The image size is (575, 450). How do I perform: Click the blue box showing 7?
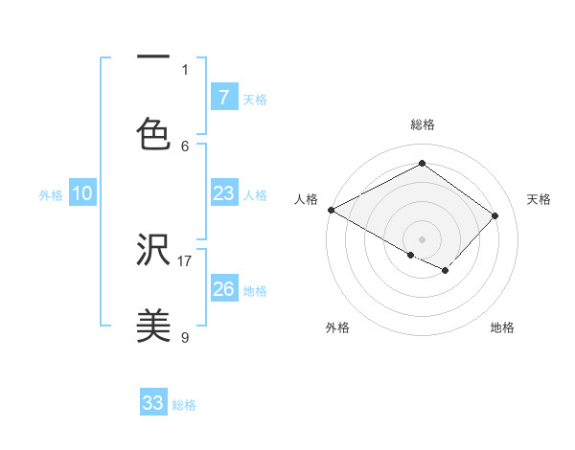tap(223, 97)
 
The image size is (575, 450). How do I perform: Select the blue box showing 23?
tap(223, 193)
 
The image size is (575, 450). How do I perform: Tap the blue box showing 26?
tap(223, 288)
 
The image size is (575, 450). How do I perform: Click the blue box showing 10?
tap(82, 193)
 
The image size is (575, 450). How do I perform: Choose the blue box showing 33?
tap(152, 403)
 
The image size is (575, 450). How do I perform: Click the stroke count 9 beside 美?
tap(185, 337)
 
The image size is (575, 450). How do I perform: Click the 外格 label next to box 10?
tap(51, 195)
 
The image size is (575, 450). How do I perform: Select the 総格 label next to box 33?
tap(184, 405)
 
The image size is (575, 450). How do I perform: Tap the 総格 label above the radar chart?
tap(422, 124)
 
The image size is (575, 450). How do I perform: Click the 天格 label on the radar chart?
tap(539, 199)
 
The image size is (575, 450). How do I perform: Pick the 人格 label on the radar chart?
tap(306, 199)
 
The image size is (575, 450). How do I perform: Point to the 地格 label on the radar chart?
tap(502, 327)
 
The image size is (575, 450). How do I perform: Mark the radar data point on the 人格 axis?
tap(331, 210)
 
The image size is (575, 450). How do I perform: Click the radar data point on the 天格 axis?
tap(494, 215)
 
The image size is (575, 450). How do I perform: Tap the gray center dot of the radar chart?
tap(422, 238)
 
